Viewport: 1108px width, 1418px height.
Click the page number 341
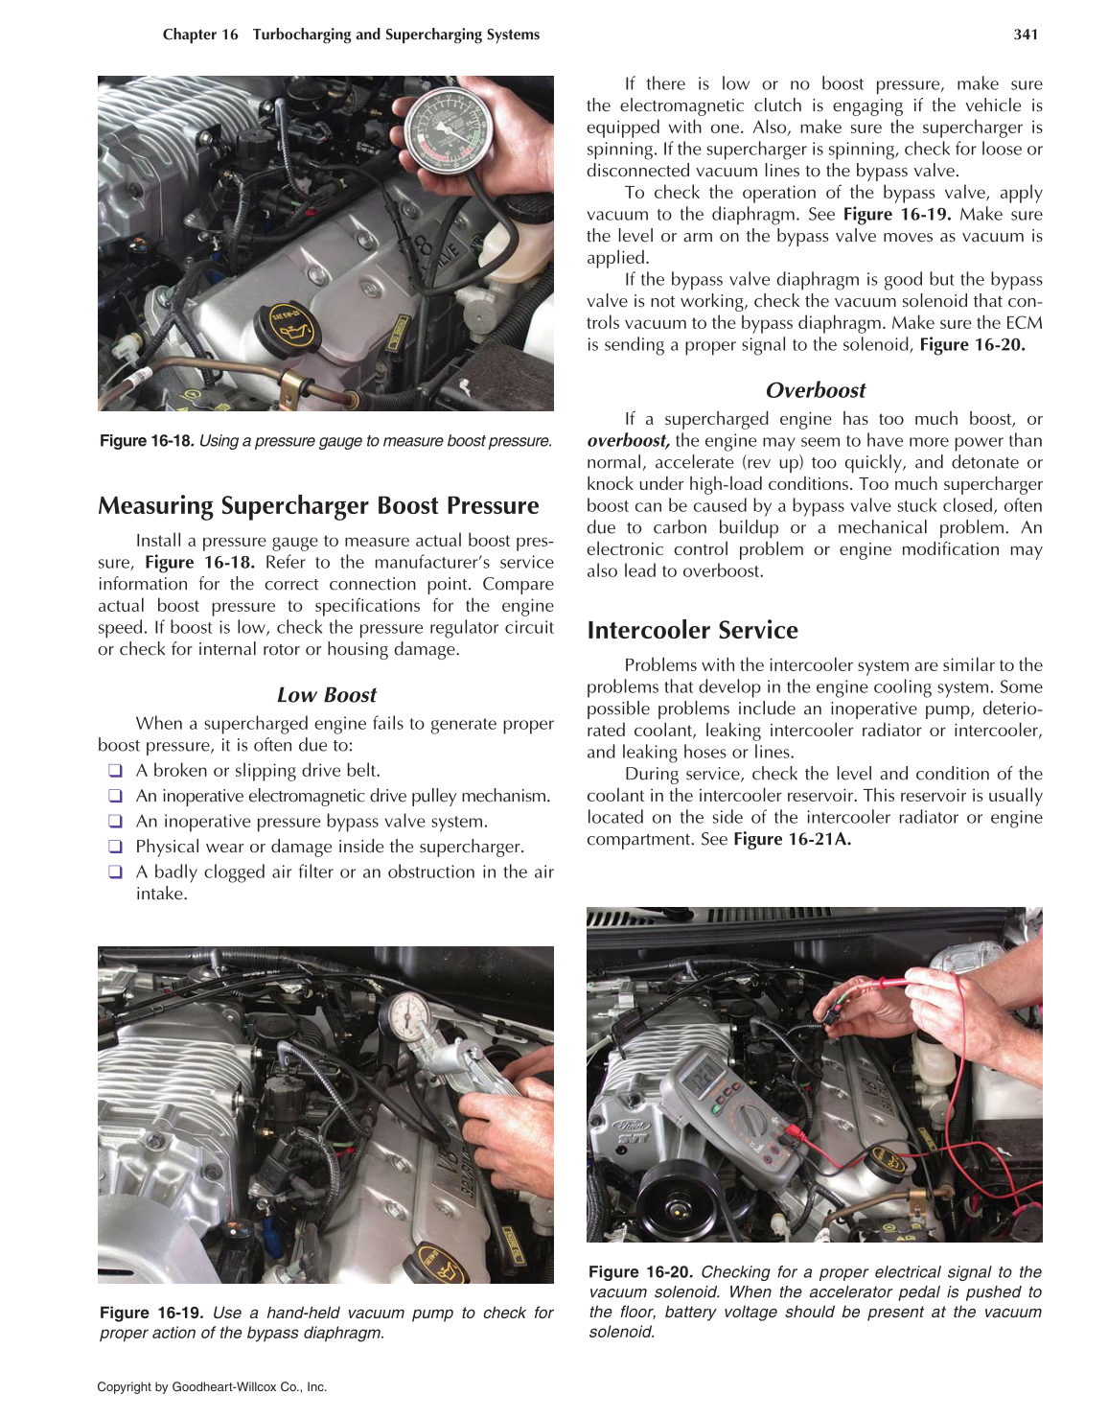click(x=1026, y=35)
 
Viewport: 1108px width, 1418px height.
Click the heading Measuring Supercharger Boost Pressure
click(x=318, y=505)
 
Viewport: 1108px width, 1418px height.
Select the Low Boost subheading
click(x=326, y=695)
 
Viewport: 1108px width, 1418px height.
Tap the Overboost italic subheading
click(x=815, y=390)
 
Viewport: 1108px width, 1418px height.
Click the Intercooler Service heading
click(x=692, y=630)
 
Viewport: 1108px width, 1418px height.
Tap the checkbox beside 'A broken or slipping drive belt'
click(x=115, y=771)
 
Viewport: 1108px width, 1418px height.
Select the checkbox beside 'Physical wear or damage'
click(x=115, y=847)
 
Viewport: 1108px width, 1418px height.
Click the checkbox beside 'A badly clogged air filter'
click(x=115, y=872)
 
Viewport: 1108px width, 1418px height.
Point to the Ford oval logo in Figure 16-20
click(x=632, y=1125)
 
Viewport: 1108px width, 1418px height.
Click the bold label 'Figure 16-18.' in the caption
click(x=147, y=441)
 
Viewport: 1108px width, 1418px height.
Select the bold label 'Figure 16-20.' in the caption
click(x=640, y=1272)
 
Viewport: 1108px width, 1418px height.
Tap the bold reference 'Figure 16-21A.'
click(x=792, y=839)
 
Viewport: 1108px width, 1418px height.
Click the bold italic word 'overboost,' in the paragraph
click(x=628, y=441)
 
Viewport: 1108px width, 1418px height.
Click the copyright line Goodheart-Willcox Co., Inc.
click(x=212, y=1386)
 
